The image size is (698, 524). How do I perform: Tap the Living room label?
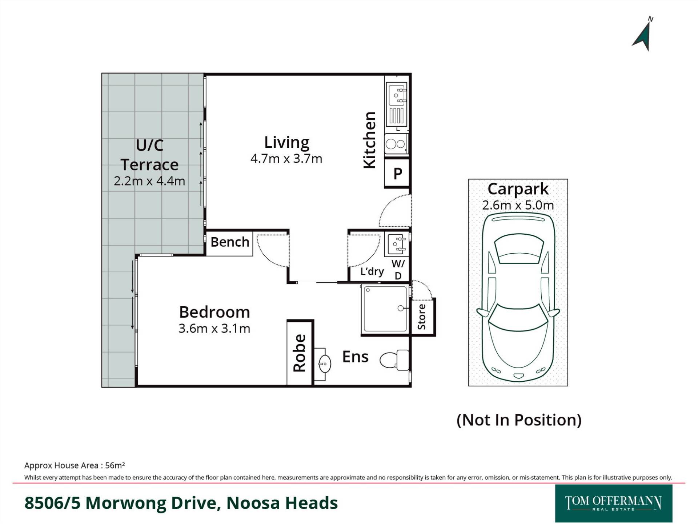286,142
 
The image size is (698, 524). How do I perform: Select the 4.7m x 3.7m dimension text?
286,159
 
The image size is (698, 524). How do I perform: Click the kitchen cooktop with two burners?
396,144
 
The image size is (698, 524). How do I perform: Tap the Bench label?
230,242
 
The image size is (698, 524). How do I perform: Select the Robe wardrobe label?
300,353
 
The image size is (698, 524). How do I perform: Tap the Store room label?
422,317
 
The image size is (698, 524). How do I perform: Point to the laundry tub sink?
397,244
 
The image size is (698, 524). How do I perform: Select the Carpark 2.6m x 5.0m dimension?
518,205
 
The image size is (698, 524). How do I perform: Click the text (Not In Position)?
519,420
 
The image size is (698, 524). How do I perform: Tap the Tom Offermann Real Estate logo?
614,503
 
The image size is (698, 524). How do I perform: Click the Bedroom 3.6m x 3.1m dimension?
214,329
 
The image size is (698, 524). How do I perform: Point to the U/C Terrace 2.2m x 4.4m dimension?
149,181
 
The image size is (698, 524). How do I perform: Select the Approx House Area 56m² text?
75,465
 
